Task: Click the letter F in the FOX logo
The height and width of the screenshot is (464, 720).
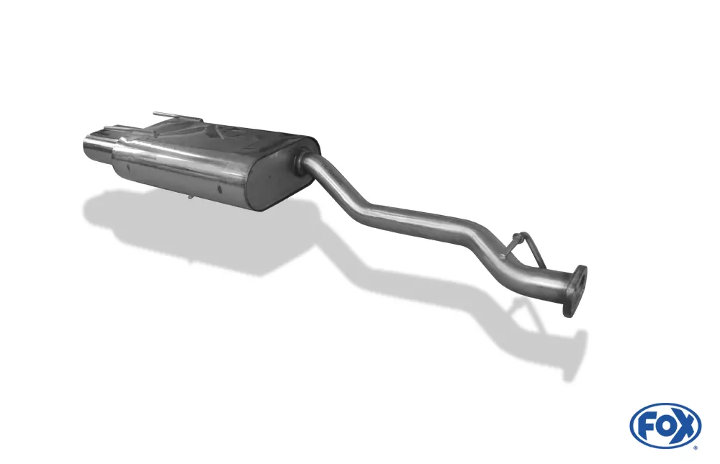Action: click(648, 429)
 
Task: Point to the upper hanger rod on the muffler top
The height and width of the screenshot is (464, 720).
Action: click(177, 115)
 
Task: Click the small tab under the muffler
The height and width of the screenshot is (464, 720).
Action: click(189, 197)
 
